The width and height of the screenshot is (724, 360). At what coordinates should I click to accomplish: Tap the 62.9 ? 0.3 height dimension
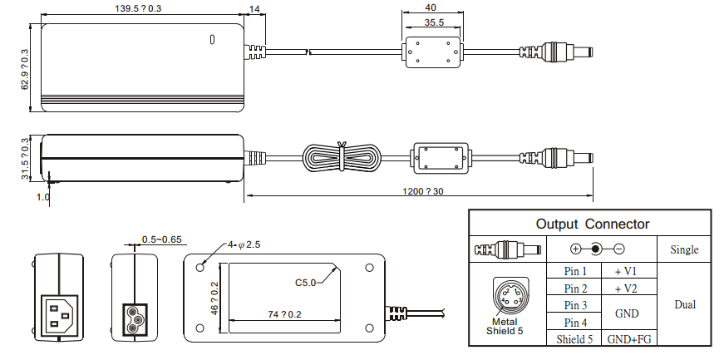point(25,69)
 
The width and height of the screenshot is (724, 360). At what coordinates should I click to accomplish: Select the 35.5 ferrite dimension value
point(431,24)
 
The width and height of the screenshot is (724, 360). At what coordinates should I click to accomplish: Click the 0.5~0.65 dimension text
point(162,239)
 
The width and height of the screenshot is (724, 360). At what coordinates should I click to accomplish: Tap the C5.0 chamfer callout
point(307,283)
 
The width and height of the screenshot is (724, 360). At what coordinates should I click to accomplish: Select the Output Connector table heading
point(592,224)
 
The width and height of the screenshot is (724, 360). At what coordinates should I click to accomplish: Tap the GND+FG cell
point(628,339)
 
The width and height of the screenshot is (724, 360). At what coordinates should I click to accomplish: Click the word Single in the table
point(684,249)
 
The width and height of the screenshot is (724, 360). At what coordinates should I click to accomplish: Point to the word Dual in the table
point(684,304)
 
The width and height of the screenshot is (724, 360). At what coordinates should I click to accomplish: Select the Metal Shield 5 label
point(505,326)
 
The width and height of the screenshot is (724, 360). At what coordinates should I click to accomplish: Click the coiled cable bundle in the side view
point(342,158)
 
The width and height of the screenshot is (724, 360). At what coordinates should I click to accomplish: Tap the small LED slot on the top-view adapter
point(212,39)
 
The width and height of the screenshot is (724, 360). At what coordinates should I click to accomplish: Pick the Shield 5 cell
point(575,339)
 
